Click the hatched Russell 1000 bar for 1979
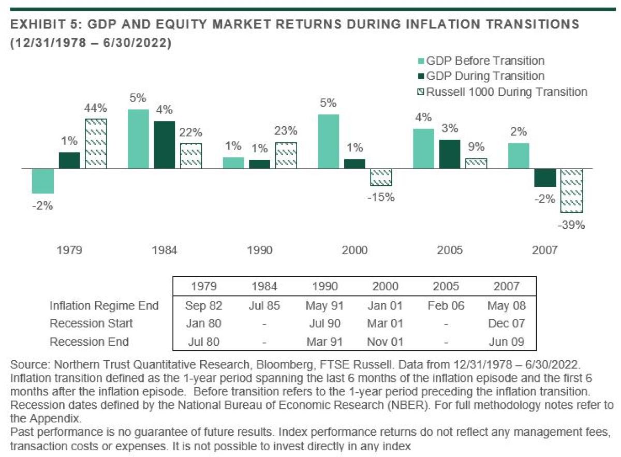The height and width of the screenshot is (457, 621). (x=96, y=144)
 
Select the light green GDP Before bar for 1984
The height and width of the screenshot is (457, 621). (x=138, y=139)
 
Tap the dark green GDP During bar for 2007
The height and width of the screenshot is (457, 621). (x=545, y=178)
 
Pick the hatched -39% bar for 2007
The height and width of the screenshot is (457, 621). (x=572, y=190)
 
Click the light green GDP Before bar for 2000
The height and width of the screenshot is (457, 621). (x=328, y=142)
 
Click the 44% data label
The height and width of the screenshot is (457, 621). (x=96, y=108)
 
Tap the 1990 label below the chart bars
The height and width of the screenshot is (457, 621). (x=260, y=250)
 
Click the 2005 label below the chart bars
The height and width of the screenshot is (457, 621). (x=450, y=250)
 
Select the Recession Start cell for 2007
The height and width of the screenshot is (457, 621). (x=506, y=323)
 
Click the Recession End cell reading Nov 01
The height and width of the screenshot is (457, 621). (x=385, y=342)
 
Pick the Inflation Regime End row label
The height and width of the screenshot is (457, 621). (x=104, y=305)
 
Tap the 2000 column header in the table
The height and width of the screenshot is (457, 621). (x=385, y=286)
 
